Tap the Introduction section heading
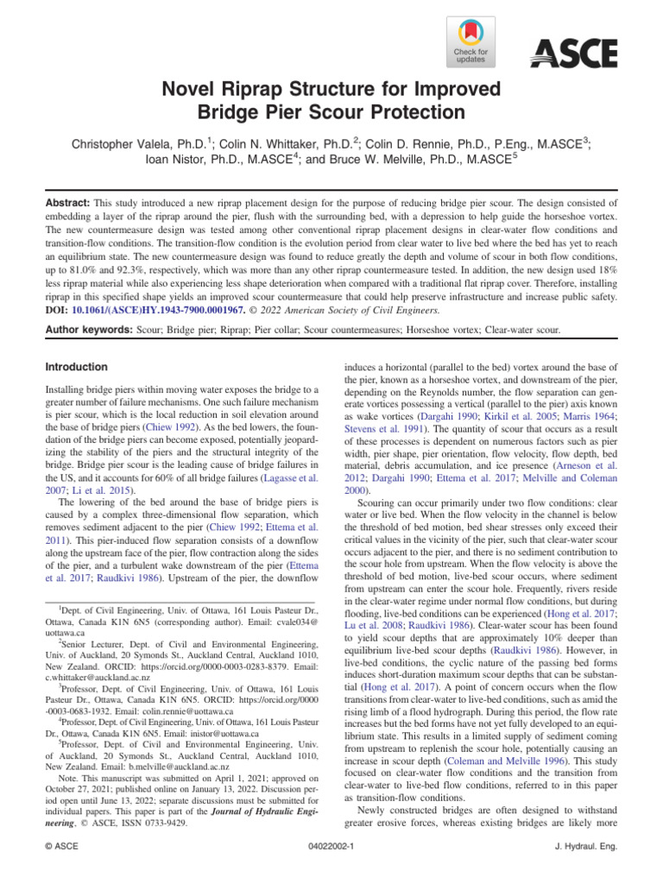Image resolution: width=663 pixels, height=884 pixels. tap(77, 367)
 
